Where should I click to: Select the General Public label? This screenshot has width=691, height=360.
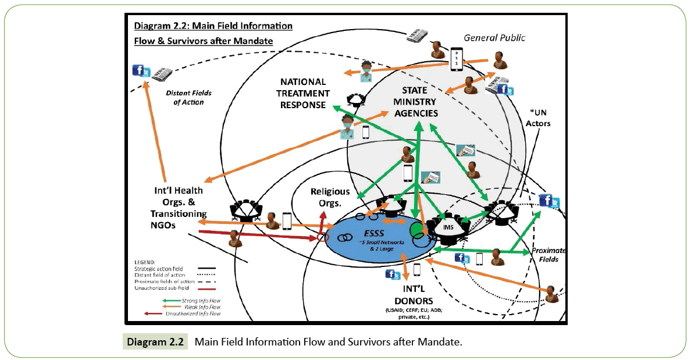click(x=494, y=38)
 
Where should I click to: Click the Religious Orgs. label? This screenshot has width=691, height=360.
click(x=330, y=197)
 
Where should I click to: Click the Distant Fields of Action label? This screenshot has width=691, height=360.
click(x=188, y=98)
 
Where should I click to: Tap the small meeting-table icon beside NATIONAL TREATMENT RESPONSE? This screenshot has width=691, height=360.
click(x=354, y=101)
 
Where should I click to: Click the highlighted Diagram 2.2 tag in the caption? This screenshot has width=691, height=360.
click(x=155, y=342)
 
